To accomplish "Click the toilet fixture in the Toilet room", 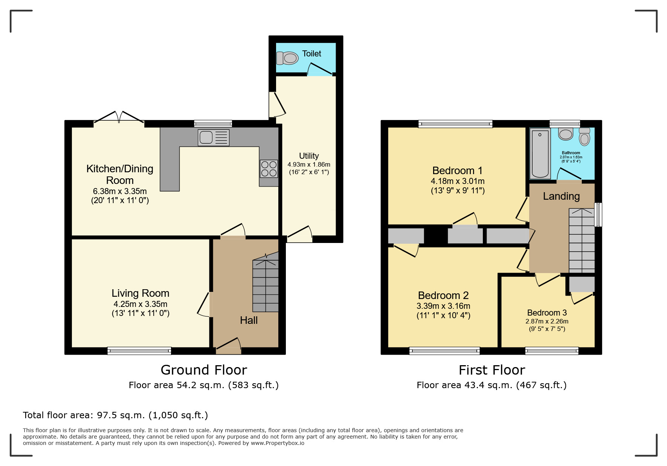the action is (287, 58).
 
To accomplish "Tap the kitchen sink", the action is (214, 137).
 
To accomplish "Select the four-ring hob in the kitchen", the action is (269, 169).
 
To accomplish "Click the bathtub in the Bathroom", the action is (540, 153).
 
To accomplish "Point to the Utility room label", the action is (309, 156).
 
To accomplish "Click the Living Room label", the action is (140, 293).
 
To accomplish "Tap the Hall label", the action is (249, 320).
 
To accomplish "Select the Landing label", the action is (561, 196).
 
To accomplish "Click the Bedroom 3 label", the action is (547, 313).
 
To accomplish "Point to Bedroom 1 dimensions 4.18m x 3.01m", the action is (458, 181).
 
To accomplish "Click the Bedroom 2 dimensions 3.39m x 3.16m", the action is (443, 306).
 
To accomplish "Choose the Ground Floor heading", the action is (204, 370).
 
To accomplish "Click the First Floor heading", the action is (492, 370).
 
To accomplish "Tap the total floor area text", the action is (115, 415).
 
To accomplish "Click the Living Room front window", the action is (139, 351).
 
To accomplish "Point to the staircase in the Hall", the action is (266, 282).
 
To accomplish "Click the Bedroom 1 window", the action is (455, 124).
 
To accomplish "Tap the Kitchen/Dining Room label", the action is (120, 174).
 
